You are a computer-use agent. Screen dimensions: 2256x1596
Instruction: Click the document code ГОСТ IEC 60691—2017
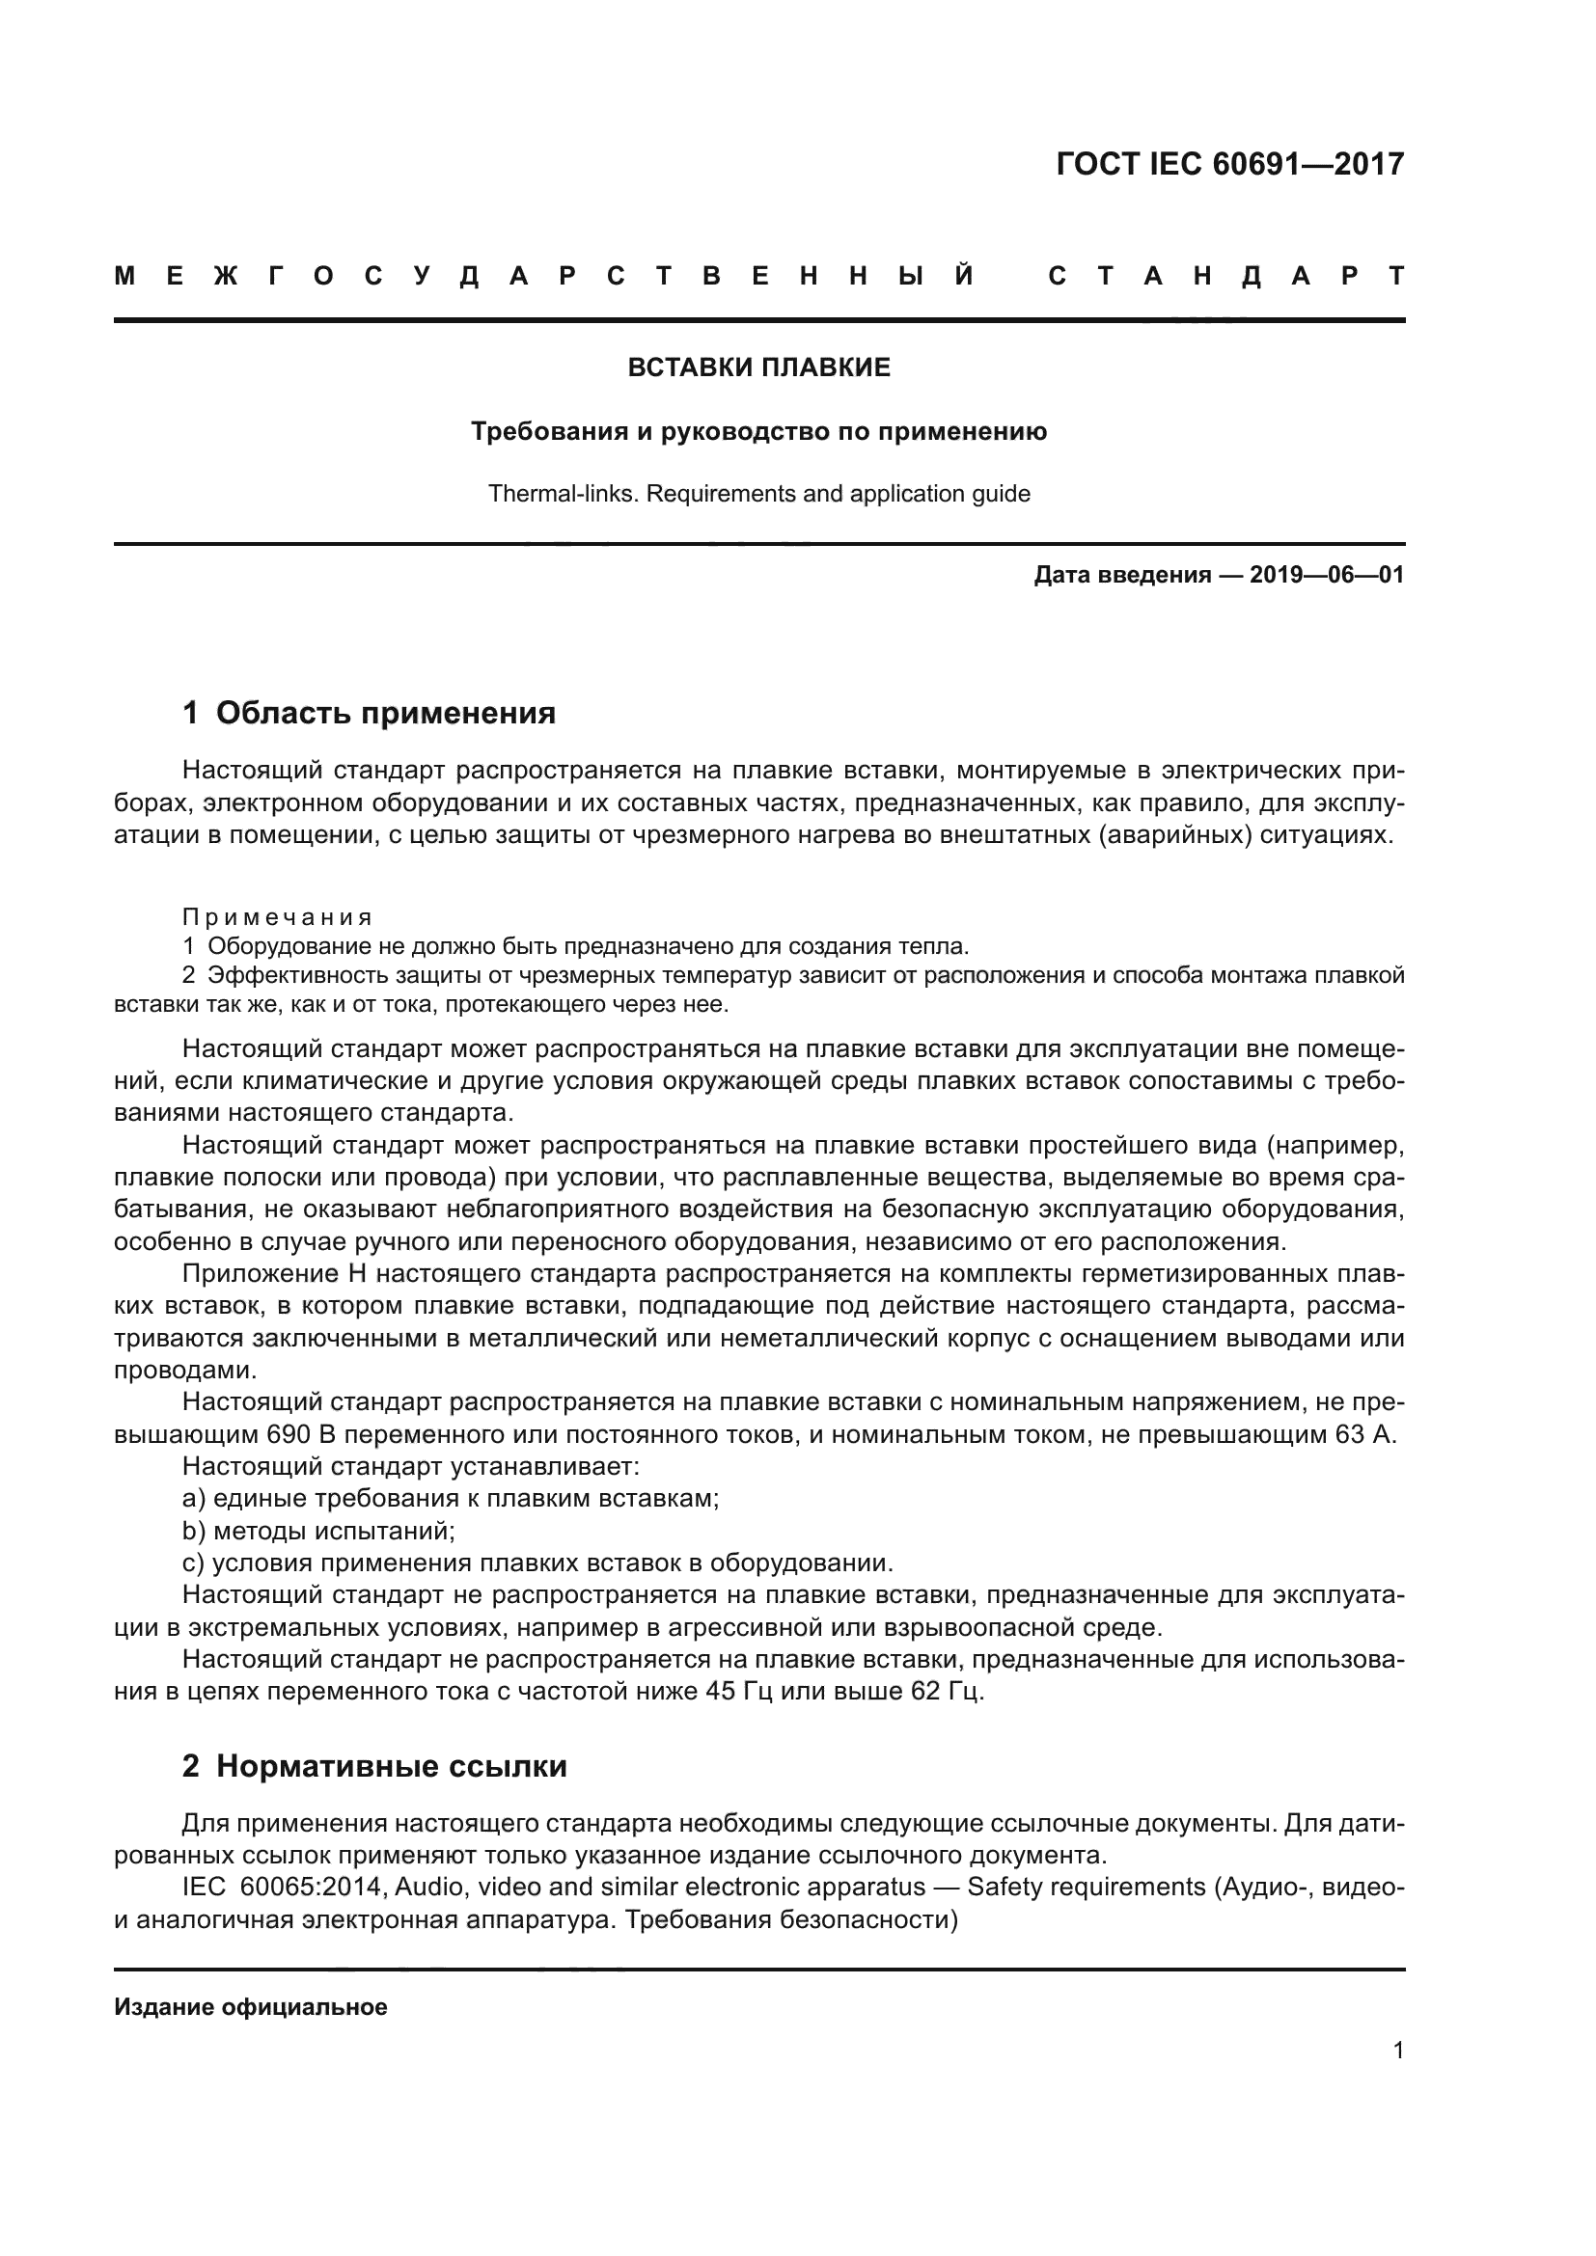point(1229,164)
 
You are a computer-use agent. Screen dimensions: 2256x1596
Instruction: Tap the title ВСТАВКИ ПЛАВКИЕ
point(758,367)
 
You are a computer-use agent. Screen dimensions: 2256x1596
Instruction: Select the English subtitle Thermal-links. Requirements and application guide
point(758,493)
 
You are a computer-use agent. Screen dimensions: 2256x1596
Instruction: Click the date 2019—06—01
point(1326,575)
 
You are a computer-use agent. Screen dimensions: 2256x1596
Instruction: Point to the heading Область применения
point(385,713)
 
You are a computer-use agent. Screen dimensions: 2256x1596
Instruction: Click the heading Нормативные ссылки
point(391,1766)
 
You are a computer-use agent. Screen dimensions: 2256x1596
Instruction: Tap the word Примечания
point(277,917)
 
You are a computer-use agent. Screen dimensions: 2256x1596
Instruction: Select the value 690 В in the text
point(302,1434)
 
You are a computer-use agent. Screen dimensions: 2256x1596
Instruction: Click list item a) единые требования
point(451,1499)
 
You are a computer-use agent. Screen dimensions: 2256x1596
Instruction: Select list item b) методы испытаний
point(318,1531)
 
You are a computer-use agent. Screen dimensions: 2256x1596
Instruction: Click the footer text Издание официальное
point(251,2006)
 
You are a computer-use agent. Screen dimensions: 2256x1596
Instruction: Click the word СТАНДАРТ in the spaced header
point(1226,277)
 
